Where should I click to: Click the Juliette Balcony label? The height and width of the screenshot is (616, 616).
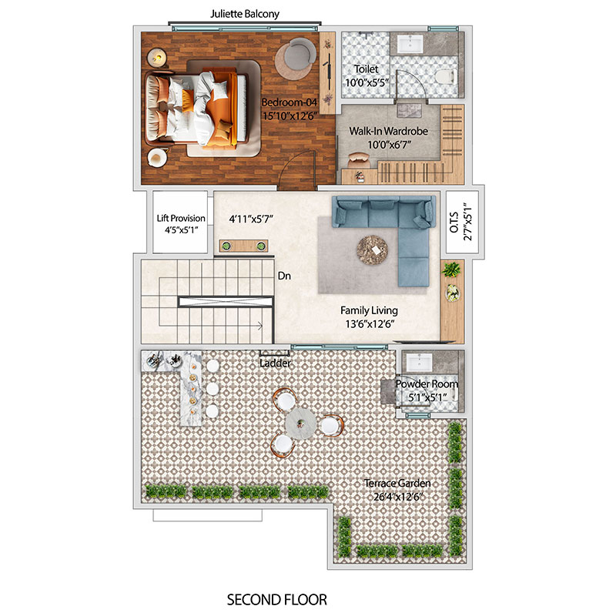[x=245, y=14]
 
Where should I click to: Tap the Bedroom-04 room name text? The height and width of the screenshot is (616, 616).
[x=290, y=102]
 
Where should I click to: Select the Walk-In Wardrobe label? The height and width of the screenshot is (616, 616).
[x=389, y=131]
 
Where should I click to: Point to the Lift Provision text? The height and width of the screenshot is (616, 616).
[x=181, y=218]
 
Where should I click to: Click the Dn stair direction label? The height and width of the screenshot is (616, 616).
[x=284, y=276]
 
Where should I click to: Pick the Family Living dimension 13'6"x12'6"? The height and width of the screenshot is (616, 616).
[x=370, y=324]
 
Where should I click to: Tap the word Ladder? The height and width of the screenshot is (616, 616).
[x=275, y=363]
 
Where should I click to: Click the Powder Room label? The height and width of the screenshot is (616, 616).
[x=427, y=383]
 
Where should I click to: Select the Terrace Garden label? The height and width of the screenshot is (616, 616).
[x=397, y=483]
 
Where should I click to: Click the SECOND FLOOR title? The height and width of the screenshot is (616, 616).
[x=277, y=600]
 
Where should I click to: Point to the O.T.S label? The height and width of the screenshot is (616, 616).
[x=454, y=222]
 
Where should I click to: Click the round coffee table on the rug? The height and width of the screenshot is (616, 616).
[x=372, y=249]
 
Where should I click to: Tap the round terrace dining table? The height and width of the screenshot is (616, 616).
[x=300, y=423]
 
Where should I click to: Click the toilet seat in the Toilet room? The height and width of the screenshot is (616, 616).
[x=445, y=76]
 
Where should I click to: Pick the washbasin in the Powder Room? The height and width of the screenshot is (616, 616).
[x=419, y=362]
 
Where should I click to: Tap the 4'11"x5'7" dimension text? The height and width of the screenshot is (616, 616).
[x=251, y=219]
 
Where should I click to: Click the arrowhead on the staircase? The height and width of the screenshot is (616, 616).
[x=259, y=325]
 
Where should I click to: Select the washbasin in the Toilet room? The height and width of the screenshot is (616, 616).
[x=410, y=44]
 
